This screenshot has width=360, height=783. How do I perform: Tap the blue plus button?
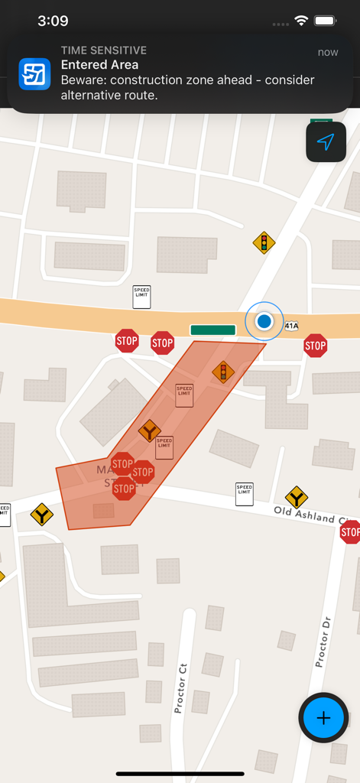pos(323,718)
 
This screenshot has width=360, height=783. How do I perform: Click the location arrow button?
pos(326,142)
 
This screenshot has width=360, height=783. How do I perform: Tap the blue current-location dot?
pos(264,322)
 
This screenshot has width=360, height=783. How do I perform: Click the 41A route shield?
pos(291,326)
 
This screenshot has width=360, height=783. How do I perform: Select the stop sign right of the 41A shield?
pos(315,346)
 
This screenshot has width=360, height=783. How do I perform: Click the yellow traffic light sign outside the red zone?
pos(264,243)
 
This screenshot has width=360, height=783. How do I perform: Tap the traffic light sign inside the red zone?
pos(223,372)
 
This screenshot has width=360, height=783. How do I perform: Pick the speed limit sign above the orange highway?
pos(141,297)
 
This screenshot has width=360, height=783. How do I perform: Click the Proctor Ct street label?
pos(181,688)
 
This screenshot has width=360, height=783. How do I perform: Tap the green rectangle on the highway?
pos(212,330)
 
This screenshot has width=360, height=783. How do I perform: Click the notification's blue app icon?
pos(34,73)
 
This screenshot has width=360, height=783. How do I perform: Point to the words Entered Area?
pos(99,65)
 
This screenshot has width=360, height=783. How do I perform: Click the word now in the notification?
pos(328,52)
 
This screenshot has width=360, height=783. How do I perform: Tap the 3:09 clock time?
pos(53,21)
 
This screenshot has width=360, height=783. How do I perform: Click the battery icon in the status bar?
pos(325,21)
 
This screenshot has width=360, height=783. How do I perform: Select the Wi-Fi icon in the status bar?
pos(301,21)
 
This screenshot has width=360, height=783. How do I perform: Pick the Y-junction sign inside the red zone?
pos(149,430)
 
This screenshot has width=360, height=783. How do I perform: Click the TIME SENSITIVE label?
pos(104,50)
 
